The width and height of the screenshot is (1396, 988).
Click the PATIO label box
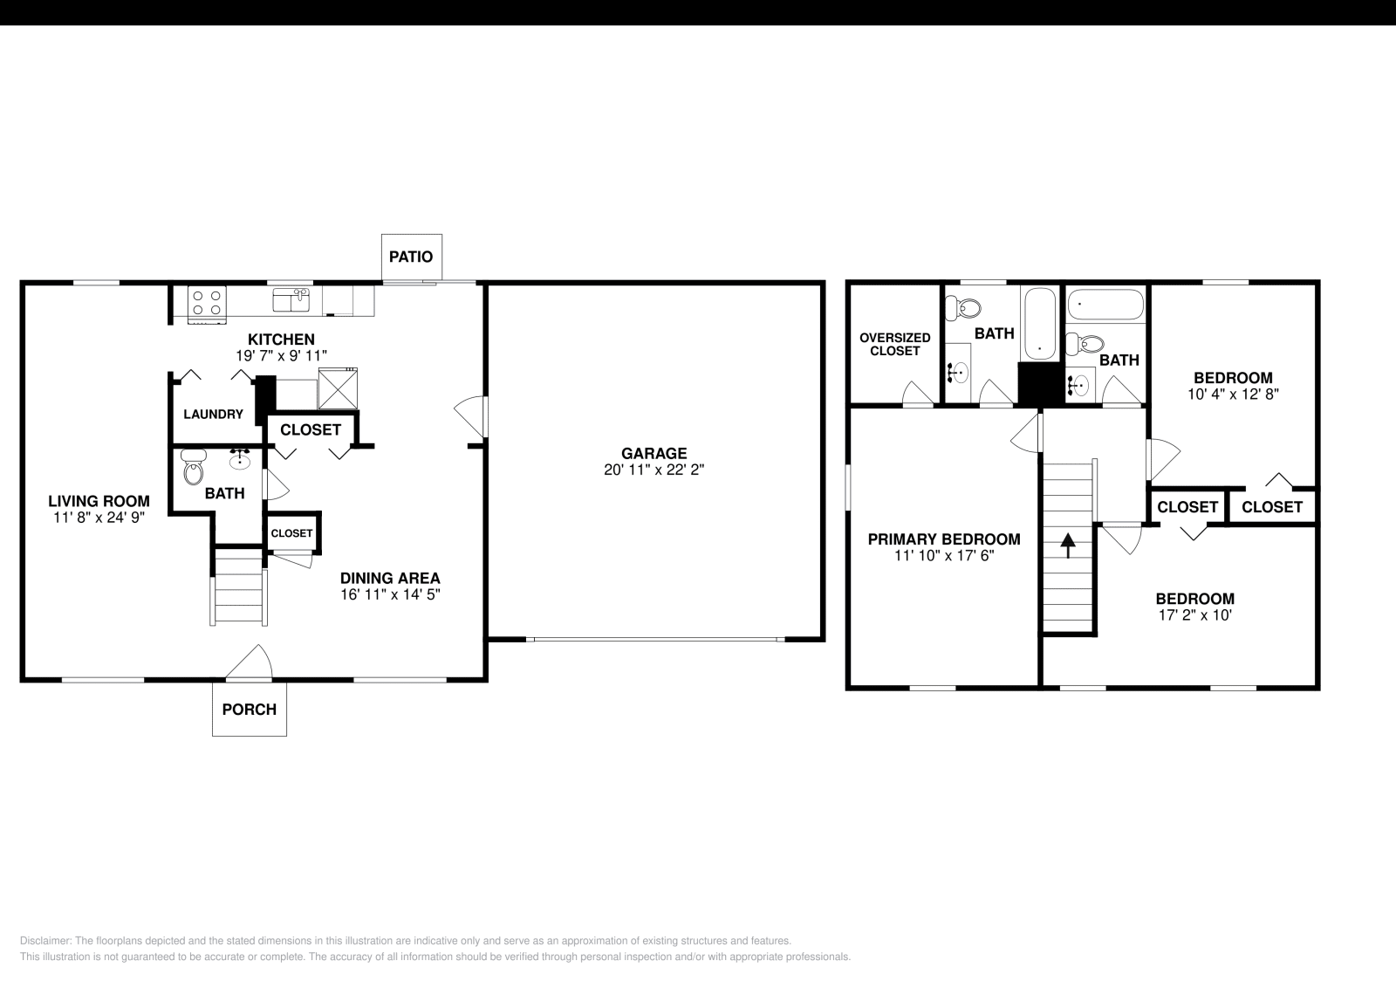tap(411, 257)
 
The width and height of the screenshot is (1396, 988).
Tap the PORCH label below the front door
tap(249, 710)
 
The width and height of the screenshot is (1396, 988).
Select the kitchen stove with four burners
tap(207, 303)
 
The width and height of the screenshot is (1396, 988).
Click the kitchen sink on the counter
tap(291, 300)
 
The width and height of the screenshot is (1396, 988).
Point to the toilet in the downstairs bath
tap(193, 470)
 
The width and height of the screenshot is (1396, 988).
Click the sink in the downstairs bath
tap(241, 459)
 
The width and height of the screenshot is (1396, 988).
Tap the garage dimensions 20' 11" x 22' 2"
tap(654, 470)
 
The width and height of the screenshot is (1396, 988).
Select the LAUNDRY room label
tap(213, 414)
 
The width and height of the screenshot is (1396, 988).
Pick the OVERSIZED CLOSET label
tap(894, 344)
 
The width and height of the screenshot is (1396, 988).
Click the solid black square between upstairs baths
tap(1040, 384)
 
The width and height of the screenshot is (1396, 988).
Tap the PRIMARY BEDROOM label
tap(943, 539)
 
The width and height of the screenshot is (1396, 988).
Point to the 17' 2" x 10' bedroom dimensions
tap(1194, 614)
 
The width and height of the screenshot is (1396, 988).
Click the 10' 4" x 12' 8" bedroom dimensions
tap(1233, 394)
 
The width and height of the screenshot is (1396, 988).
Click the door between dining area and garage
tap(471, 416)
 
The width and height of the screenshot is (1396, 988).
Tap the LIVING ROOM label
tap(99, 501)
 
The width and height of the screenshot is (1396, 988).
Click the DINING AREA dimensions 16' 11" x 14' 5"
tap(390, 594)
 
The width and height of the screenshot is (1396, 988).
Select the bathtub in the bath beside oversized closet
tap(1040, 323)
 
